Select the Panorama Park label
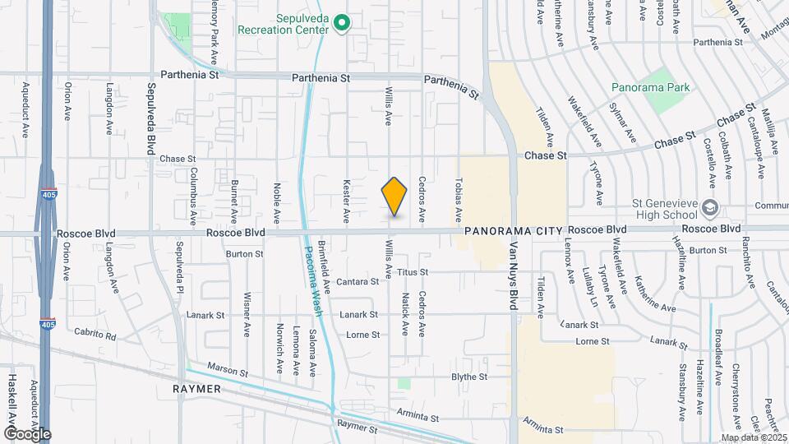pos(642,86)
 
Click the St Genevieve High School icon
pos(710,206)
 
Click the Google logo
pos(27,433)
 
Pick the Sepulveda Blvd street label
pos(151,116)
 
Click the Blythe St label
pos(469,377)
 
